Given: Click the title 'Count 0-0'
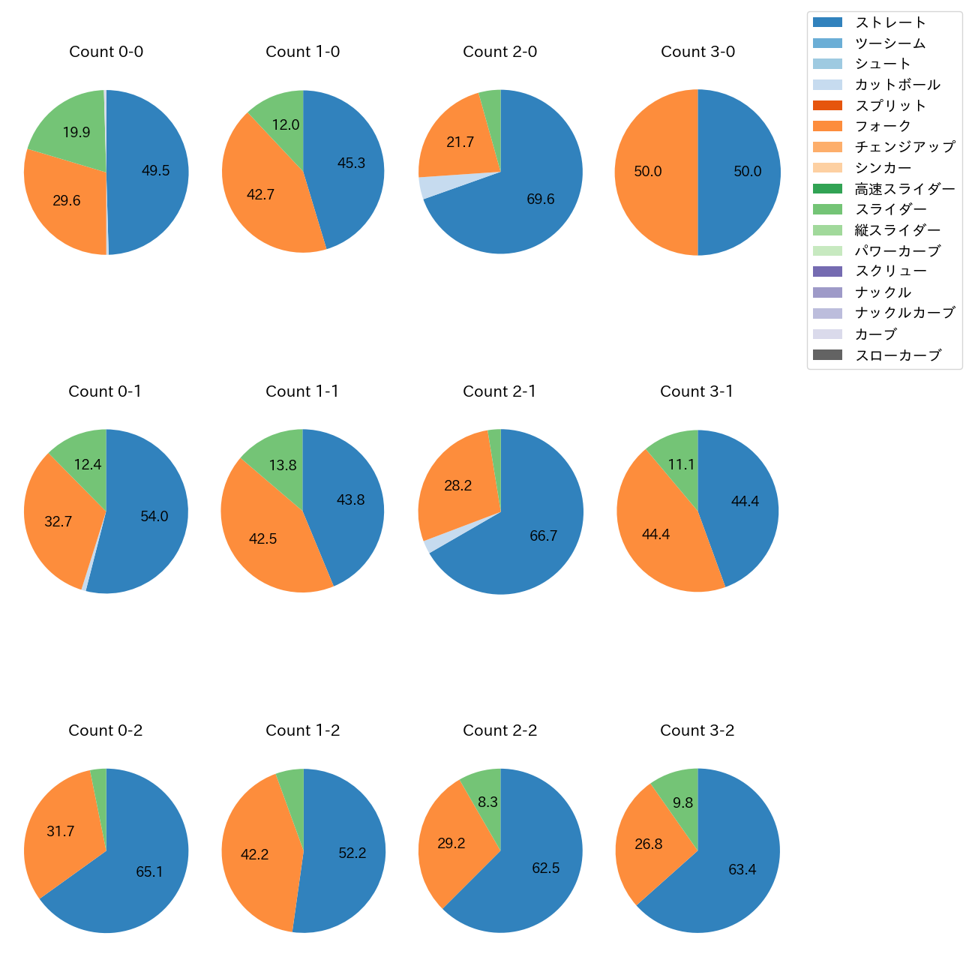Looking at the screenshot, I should click(x=106, y=52).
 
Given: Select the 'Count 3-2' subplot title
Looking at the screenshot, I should click(x=697, y=730).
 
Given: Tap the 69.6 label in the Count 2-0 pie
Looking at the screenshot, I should click(x=540, y=199).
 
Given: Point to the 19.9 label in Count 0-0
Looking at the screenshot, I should click(x=76, y=133).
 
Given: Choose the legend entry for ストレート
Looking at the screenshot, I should click(x=890, y=22).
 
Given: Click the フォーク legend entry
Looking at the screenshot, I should click(x=883, y=126).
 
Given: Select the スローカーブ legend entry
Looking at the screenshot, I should click(x=897, y=355).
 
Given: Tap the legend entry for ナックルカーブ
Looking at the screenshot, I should click(x=904, y=313).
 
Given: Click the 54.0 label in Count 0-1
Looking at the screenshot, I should click(x=154, y=516).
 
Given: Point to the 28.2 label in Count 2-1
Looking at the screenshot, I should click(x=457, y=486).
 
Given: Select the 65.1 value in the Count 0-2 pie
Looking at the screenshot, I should click(x=149, y=871).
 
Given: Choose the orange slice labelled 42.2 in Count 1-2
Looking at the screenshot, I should click(x=254, y=854).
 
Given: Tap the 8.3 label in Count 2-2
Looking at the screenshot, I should click(x=487, y=802).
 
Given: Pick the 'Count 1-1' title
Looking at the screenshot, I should click(x=302, y=391).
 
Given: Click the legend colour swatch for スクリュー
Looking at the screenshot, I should click(x=827, y=271).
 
